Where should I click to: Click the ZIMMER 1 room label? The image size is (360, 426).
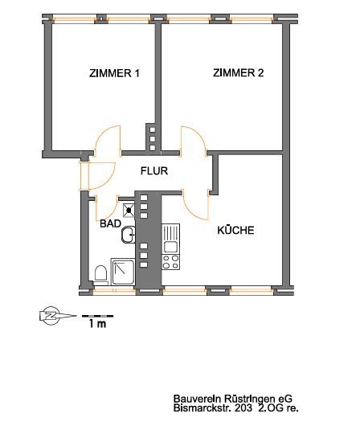tap(114, 73)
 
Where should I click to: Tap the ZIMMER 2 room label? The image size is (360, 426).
tap(239, 73)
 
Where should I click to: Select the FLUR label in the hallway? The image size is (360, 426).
tap(154, 171)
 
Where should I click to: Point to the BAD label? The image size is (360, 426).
tap(111, 223)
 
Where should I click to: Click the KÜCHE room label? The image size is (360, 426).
tap(235, 230)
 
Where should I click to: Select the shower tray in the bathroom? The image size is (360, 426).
tap(123, 272)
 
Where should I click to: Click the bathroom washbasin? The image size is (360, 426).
tap(129, 235)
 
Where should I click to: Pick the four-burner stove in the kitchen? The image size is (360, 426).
tap(170, 262)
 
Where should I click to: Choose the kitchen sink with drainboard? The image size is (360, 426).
tap(170, 239)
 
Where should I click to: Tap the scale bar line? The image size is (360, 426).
tap(97, 316)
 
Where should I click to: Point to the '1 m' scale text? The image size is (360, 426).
tap(98, 324)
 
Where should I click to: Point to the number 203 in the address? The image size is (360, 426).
tap(243, 408)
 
